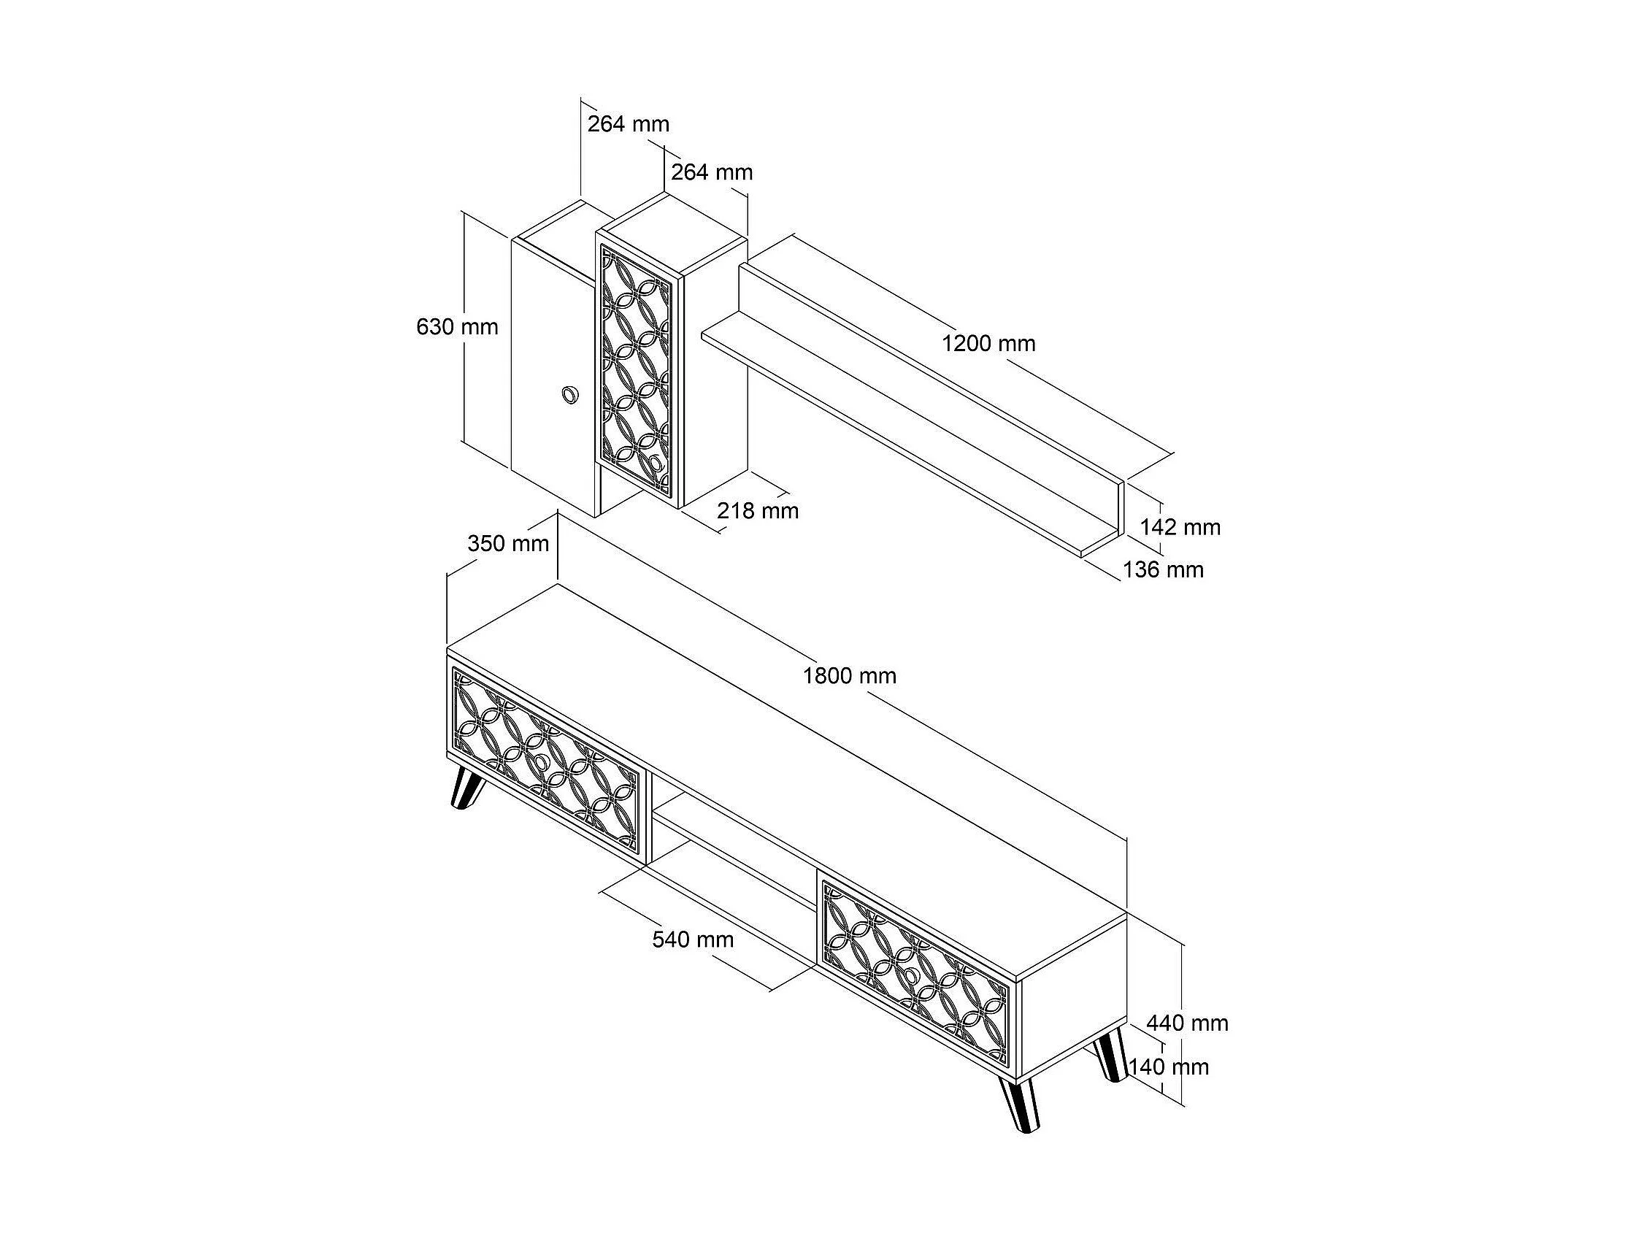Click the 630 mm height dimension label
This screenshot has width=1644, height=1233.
click(x=457, y=327)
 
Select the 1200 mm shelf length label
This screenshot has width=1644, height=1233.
click(x=988, y=343)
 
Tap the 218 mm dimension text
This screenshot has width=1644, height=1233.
click(x=757, y=510)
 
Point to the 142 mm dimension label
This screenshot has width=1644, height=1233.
click(x=1180, y=527)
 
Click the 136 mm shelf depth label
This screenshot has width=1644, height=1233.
click(x=1163, y=569)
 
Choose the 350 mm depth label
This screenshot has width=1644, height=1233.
click(x=508, y=543)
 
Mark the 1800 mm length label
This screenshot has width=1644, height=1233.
click(x=850, y=675)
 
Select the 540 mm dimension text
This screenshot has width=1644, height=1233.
click(x=693, y=940)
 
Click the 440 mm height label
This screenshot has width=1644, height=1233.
click(x=1187, y=1023)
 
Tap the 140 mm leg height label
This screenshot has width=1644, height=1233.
click(x=1169, y=1067)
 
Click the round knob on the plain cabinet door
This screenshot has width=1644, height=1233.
click(x=570, y=395)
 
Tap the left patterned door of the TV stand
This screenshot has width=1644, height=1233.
click(x=546, y=763)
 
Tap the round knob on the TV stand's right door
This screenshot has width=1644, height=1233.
click(x=910, y=976)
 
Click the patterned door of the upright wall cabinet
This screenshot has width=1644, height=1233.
click(x=639, y=368)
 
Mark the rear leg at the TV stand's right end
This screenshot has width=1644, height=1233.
click(x=1108, y=1054)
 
